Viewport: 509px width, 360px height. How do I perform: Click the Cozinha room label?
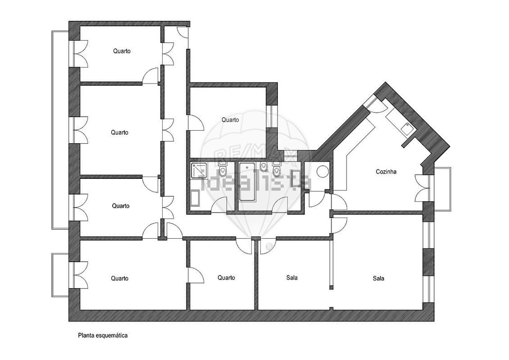[386, 172]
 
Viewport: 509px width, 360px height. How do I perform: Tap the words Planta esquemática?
[103, 336]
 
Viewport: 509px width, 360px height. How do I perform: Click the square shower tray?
[199, 170]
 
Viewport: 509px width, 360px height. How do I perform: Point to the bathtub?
[247, 182]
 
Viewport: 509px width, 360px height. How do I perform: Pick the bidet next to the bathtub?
[264, 167]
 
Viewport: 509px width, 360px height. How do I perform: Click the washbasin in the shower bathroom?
[195, 198]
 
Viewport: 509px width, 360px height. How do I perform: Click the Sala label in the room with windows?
[378, 279]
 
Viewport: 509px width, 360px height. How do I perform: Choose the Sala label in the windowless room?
[292, 278]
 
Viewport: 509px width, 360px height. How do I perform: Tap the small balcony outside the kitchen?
[442, 189]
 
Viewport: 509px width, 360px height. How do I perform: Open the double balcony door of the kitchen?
[422, 188]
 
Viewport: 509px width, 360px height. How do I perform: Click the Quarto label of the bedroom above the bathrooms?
[230, 120]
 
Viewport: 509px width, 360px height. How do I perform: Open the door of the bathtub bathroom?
[280, 205]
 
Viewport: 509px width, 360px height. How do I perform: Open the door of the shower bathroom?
[219, 205]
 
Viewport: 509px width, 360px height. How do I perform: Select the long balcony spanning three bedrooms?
[60, 130]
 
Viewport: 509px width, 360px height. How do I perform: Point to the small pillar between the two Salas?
[331, 287]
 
